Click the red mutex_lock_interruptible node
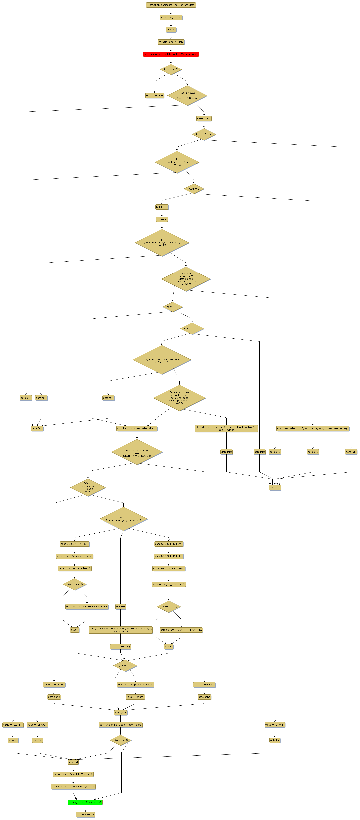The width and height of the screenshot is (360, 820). [171, 54]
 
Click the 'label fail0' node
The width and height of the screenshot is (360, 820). [275, 487]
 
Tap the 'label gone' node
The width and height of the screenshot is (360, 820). [120, 712]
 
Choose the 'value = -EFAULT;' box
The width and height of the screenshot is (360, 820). [37, 725]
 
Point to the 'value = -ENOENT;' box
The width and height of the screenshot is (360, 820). [204, 684]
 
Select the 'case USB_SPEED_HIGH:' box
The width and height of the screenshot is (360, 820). [74, 544]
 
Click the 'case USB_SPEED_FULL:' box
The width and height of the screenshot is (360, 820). [169, 556]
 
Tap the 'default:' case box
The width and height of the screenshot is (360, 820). [120, 606]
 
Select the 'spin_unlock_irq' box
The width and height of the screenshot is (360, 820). [120, 725]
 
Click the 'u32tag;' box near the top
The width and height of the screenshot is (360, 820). [171, 30]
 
